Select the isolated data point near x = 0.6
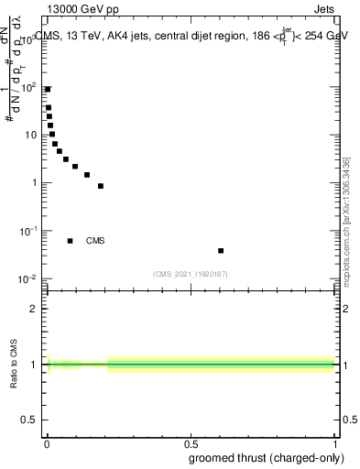coord(221,250)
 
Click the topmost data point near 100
coord(48,89)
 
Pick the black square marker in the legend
coord(71,241)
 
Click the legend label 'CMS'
coord(95,241)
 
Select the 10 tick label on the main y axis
coord(31,135)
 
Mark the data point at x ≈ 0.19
coord(101,186)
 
